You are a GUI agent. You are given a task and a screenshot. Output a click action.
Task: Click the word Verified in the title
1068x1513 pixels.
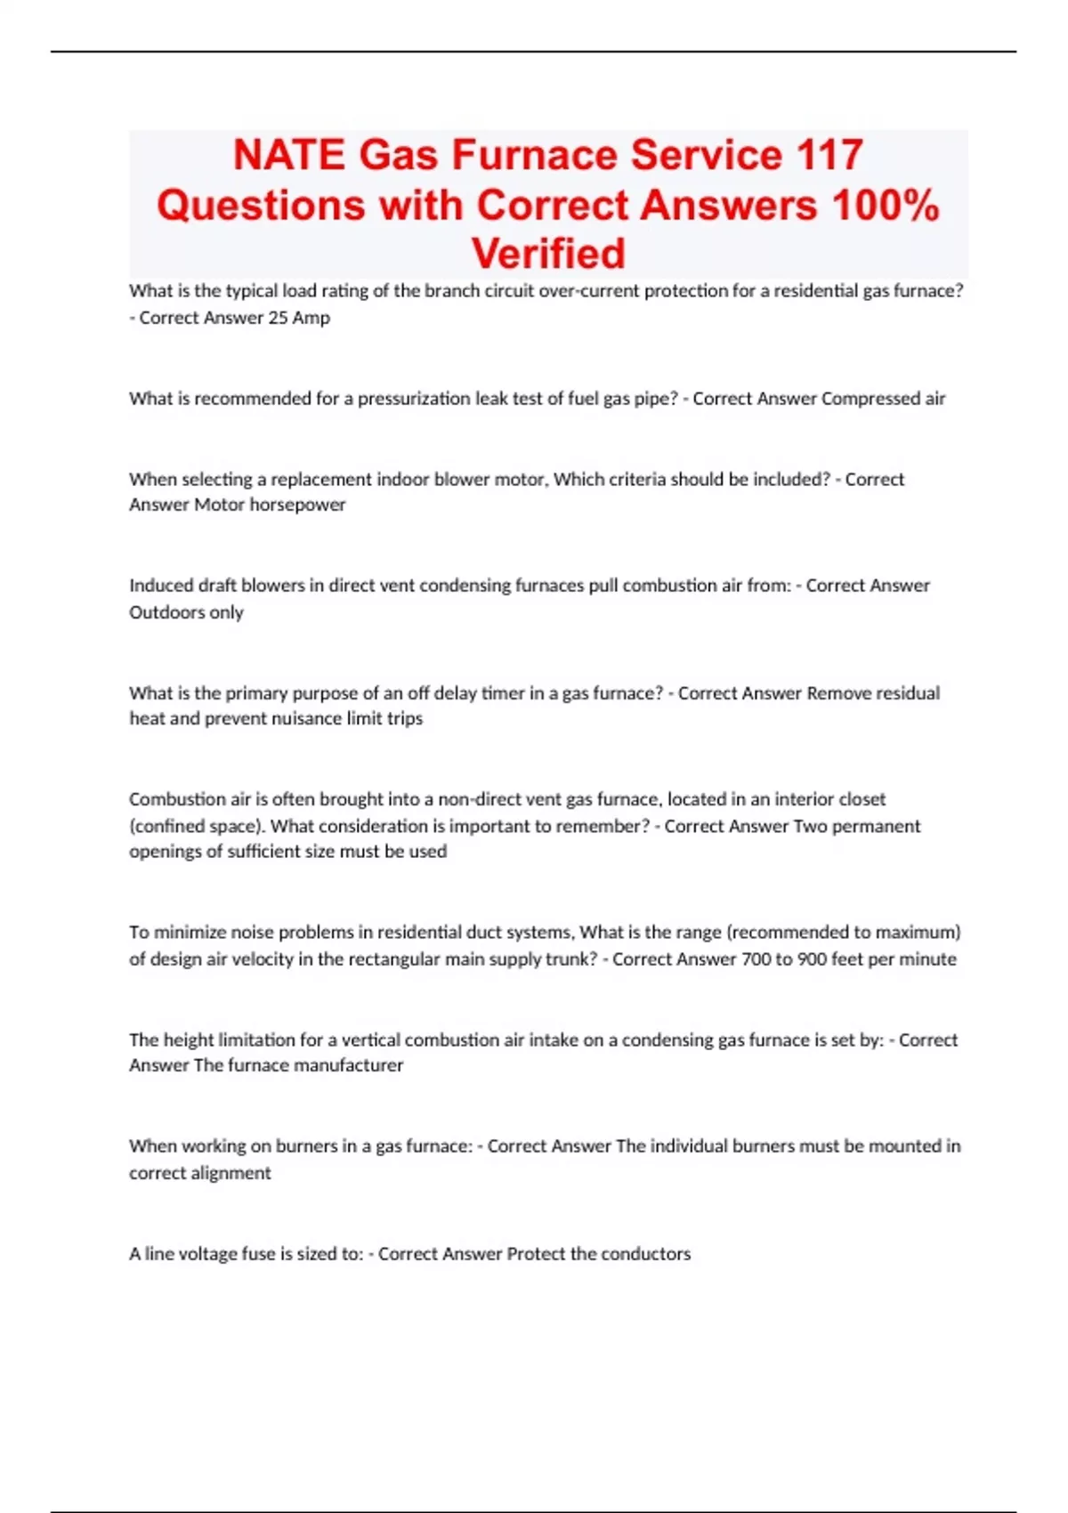coord(548,255)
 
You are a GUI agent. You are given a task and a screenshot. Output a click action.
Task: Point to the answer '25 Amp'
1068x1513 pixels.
coord(299,318)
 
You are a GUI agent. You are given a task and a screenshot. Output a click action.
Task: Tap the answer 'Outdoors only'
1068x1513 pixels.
coord(186,612)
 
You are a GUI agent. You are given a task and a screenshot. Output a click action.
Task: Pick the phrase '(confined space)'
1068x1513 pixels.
coord(197,826)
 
